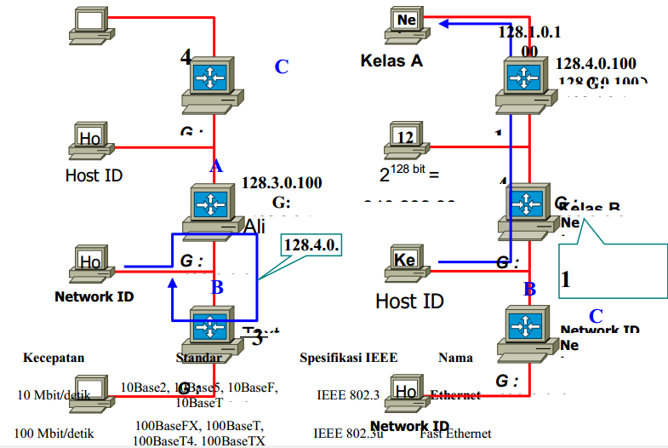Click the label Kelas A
pyautogui.click(x=391, y=60)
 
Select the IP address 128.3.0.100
pyautogui.click(x=282, y=182)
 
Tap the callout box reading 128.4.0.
pyautogui.click(x=311, y=245)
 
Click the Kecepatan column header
pyautogui.click(x=54, y=358)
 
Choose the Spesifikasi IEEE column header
pyautogui.click(x=348, y=358)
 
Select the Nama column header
pyautogui.click(x=455, y=358)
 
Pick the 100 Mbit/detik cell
pyautogui.click(x=53, y=434)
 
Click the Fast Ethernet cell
pyautogui.click(x=455, y=434)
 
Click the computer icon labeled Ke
pyautogui.click(x=406, y=261)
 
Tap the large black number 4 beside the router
pyautogui.click(x=186, y=57)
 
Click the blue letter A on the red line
pyautogui.click(x=216, y=166)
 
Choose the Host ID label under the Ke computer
pyautogui.click(x=409, y=302)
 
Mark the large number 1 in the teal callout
pyautogui.click(x=566, y=279)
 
